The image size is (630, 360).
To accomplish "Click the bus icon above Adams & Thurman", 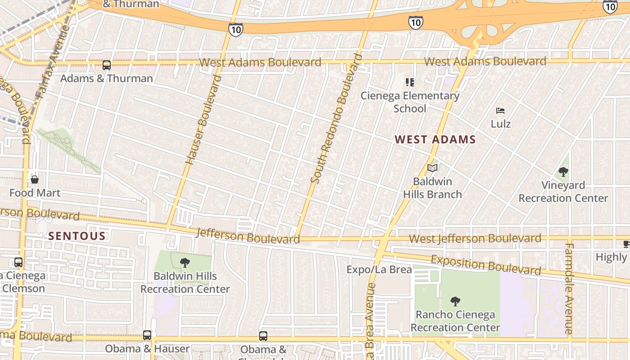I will pyautogui.click(x=107, y=65).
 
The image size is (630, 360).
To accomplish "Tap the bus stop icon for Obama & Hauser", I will pyautogui.click(x=147, y=335).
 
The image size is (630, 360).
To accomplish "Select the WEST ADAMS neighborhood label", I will pyautogui.click(x=435, y=139).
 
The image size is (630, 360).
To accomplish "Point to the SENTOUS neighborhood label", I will pyautogui.click(x=77, y=236).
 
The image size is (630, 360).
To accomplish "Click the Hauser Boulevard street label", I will pyautogui.click(x=204, y=120).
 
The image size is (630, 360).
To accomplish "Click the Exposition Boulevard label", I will pyautogui.click(x=486, y=265).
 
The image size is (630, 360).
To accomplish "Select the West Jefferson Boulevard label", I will pyautogui.click(x=475, y=238).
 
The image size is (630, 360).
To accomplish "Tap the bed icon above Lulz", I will pyautogui.click(x=500, y=111).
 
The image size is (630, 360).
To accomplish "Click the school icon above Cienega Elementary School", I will pyautogui.click(x=409, y=82).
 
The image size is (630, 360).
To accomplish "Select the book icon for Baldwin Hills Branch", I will pyautogui.click(x=432, y=168).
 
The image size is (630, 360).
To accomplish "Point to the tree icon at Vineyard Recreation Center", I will pyautogui.click(x=563, y=171).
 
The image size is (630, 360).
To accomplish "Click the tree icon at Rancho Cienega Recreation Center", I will pyautogui.click(x=455, y=301).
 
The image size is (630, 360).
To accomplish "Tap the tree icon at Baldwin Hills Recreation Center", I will pyautogui.click(x=184, y=263).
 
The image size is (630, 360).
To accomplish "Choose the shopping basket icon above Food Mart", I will pyautogui.click(x=35, y=180).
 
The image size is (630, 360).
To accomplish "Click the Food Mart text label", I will pyautogui.click(x=35, y=193).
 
